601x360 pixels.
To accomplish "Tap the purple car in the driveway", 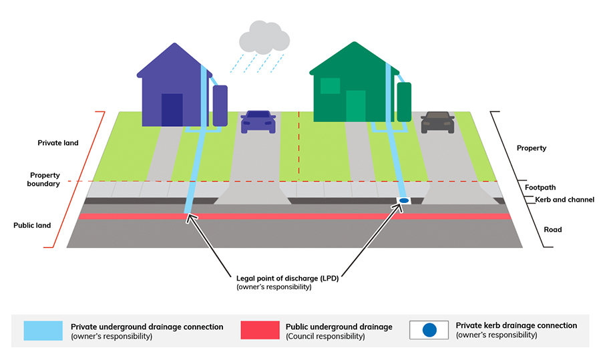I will coord(258,122).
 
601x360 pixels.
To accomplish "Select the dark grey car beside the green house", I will coord(437,122).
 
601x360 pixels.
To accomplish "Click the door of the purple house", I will coord(172,110).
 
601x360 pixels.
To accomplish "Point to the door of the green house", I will coord(356,107).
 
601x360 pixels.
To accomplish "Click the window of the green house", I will coord(330,85).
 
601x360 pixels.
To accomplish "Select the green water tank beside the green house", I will coord(403,102).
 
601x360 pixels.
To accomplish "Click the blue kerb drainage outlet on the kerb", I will coord(403,201).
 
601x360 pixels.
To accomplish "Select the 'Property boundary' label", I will coord(44,178).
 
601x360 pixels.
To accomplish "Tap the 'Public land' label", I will coord(32,226).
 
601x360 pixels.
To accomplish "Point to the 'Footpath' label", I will coord(540,188).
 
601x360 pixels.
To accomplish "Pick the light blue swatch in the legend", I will coord(43,330).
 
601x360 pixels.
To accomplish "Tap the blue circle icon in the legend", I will coord(429,330).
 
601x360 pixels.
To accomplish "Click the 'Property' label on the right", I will coord(532,148).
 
